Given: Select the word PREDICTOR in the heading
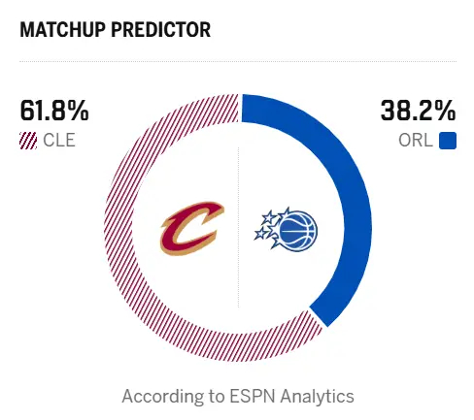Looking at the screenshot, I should (x=162, y=30).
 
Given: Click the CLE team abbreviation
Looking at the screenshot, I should (x=59, y=141).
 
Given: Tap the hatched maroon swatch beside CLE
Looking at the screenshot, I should (x=27, y=141).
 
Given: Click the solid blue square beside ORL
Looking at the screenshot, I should (x=448, y=141).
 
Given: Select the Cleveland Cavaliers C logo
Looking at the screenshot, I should (x=192, y=227).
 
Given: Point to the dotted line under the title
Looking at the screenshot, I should (x=237, y=61).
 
